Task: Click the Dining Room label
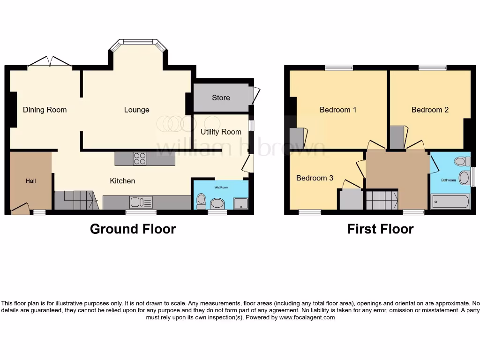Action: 45,110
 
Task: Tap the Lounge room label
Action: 136,110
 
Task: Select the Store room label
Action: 221,97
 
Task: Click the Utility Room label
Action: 221,132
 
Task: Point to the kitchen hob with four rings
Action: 140,159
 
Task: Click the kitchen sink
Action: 141,202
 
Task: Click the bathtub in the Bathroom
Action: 450,202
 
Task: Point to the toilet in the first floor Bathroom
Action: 462,162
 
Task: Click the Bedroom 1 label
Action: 338,110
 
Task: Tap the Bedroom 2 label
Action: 430,110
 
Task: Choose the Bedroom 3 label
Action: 315,178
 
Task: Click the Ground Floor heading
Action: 133,229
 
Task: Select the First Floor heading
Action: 380,229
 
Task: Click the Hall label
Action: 30,180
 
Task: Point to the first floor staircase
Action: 381,200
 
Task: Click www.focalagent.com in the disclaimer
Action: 307,317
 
